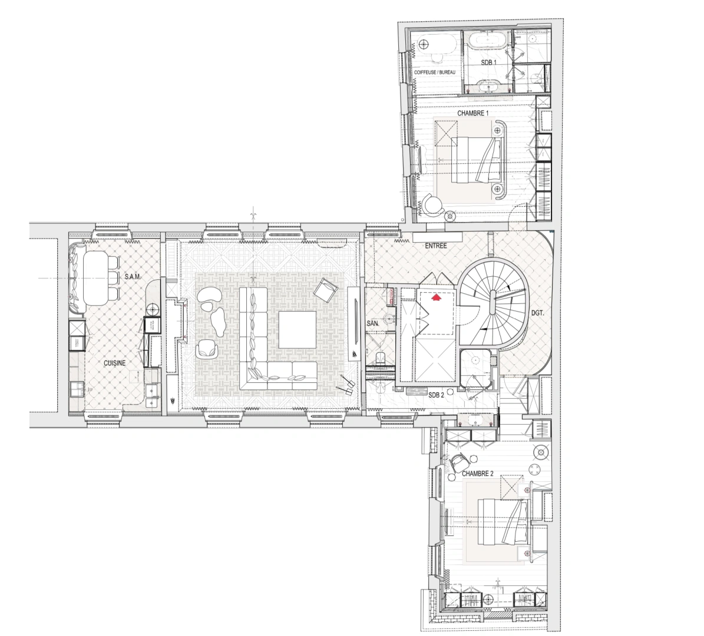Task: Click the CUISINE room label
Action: click(114, 363)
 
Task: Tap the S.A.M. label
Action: click(133, 276)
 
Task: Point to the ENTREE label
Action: click(436, 246)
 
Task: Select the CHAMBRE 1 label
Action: click(473, 113)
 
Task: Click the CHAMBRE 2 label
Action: click(477, 473)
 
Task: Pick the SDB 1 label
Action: click(488, 62)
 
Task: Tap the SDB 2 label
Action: click(436, 395)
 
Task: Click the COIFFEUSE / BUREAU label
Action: click(435, 72)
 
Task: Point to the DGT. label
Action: click(537, 313)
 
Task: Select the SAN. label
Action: click(373, 323)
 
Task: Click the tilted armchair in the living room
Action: click(325, 290)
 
